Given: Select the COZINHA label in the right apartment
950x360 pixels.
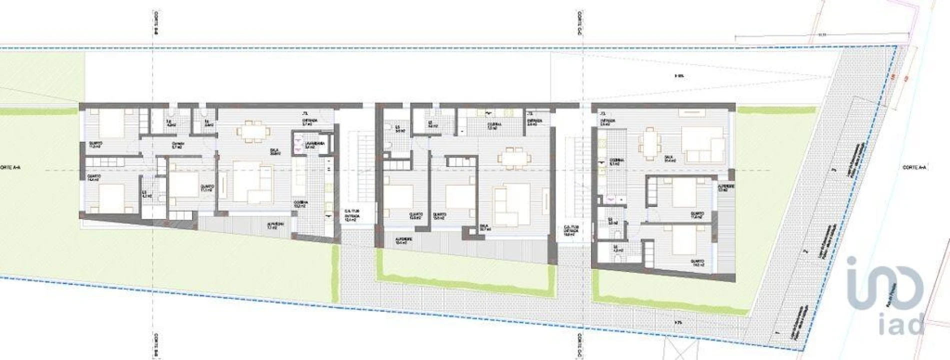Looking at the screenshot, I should [615, 161].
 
